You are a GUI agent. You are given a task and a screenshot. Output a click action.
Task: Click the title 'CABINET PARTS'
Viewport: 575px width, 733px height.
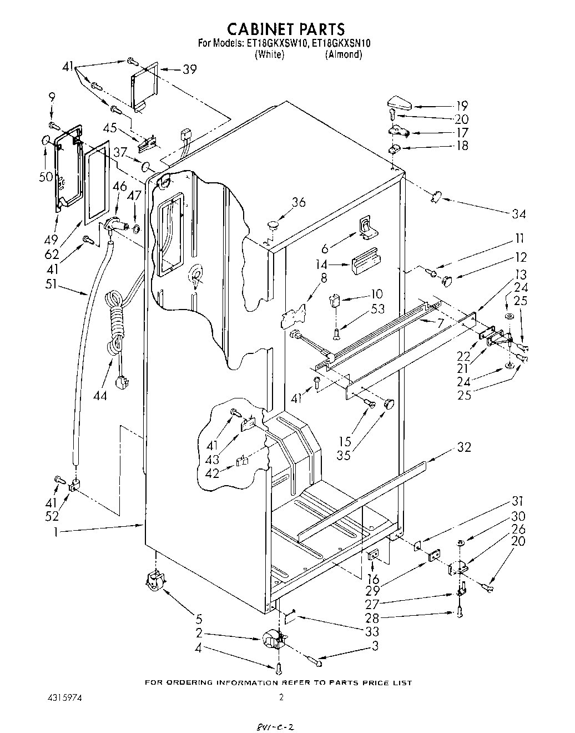point(287,28)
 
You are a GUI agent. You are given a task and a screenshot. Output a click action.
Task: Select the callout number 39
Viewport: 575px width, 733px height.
point(190,69)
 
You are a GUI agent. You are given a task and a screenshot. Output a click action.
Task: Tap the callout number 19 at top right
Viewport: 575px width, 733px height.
point(461,106)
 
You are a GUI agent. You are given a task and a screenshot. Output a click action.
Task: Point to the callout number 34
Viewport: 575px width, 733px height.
point(519,214)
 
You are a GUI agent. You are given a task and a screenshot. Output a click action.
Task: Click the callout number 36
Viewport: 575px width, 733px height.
point(298,202)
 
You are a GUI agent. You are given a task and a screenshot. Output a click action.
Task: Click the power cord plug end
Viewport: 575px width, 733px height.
point(122,383)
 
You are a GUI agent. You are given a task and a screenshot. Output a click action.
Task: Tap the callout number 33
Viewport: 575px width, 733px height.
point(372,631)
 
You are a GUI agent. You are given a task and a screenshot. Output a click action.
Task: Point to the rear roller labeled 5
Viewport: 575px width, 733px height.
point(154,581)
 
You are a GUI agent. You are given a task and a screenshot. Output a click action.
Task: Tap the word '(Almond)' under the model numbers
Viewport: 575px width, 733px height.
point(344,54)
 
